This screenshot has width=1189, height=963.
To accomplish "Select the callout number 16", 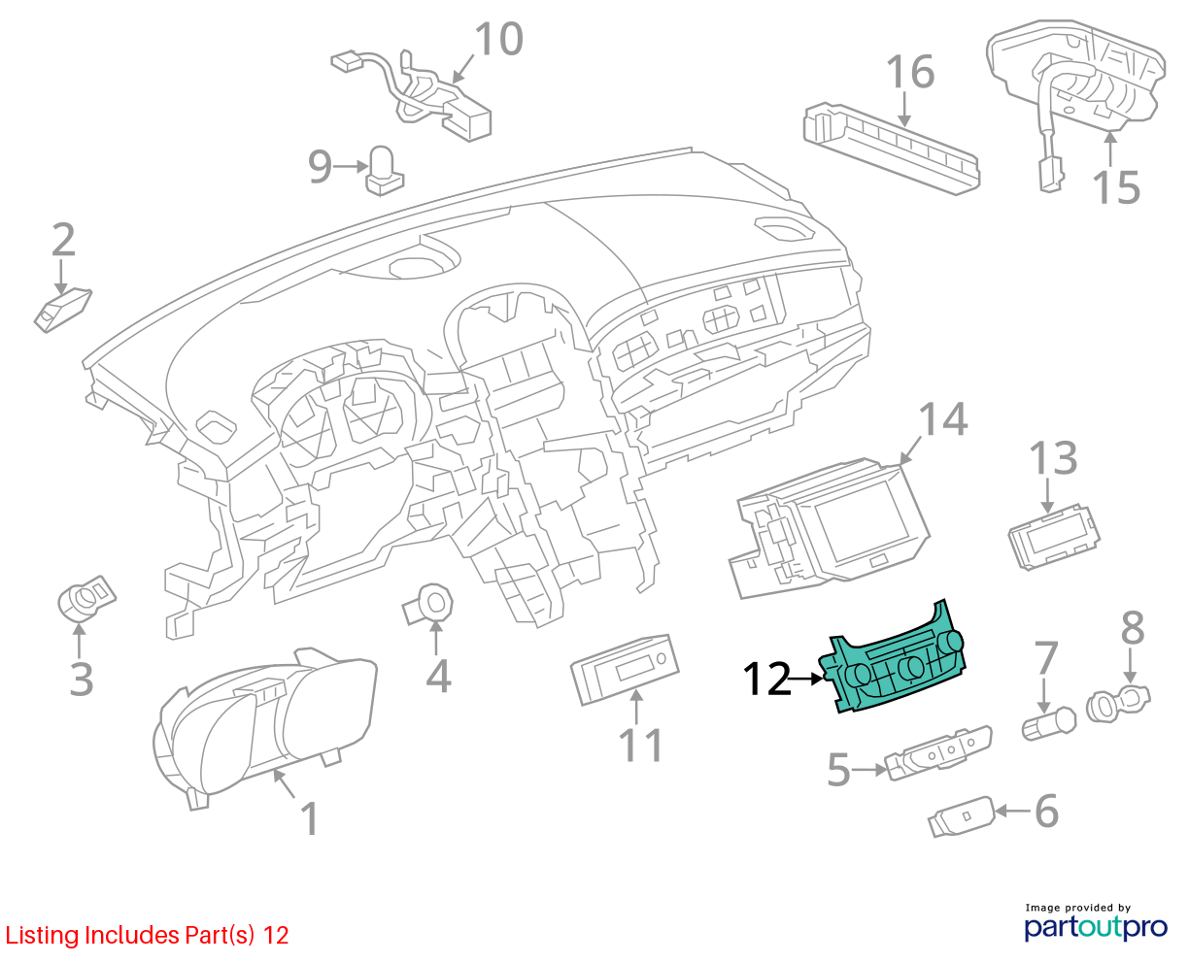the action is pyautogui.click(x=910, y=72).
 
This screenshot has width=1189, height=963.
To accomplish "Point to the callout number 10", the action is pyautogui.click(x=498, y=39).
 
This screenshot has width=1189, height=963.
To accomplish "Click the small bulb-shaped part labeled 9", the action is pyautogui.click(x=384, y=171).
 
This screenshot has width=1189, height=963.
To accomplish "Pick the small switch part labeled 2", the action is pyautogui.click(x=62, y=310).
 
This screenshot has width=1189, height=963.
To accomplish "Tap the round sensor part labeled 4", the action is pyautogui.click(x=428, y=605).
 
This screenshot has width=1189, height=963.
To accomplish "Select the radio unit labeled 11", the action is pyautogui.click(x=625, y=670).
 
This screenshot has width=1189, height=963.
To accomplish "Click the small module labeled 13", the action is pyautogui.click(x=1054, y=537).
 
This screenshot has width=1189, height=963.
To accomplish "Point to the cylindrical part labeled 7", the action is pyautogui.click(x=1049, y=723).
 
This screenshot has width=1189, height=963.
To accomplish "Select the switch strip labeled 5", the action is pyautogui.click(x=938, y=752).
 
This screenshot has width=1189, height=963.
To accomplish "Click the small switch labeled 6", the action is pyautogui.click(x=962, y=816).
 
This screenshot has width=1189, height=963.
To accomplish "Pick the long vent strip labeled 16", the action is pyautogui.click(x=892, y=149).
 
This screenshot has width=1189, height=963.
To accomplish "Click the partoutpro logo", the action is pyautogui.click(x=1096, y=927).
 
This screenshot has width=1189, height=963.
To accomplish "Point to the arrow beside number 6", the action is pyautogui.click(x=1012, y=811).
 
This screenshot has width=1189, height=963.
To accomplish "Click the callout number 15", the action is pyautogui.click(x=1116, y=187).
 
